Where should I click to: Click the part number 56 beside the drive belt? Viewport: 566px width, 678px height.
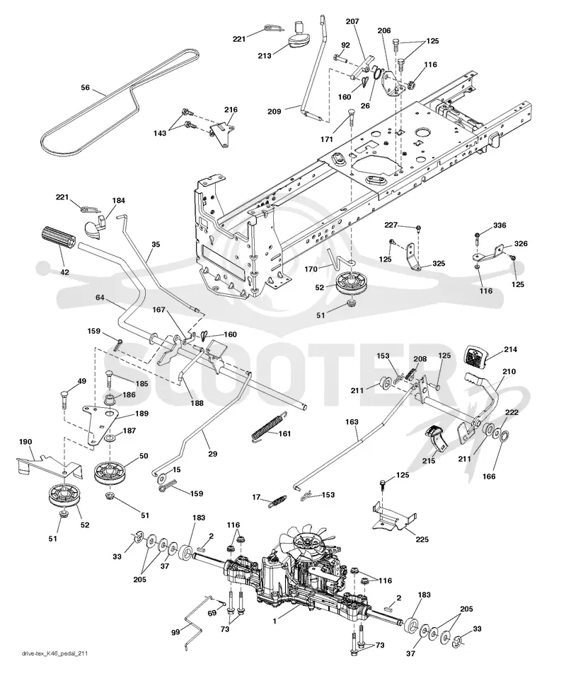click(x=85, y=88)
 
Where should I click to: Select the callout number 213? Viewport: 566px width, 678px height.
click(x=265, y=56)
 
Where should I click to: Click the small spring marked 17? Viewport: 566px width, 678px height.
click(x=277, y=501)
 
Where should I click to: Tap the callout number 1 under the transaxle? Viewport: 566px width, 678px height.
click(x=274, y=621)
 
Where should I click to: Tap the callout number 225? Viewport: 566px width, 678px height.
click(x=422, y=539)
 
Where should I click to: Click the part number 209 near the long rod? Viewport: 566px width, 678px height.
click(x=274, y=111)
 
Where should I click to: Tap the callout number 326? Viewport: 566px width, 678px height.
click(x=521, y=243)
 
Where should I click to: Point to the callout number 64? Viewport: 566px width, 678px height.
click(x=100, y=298)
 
